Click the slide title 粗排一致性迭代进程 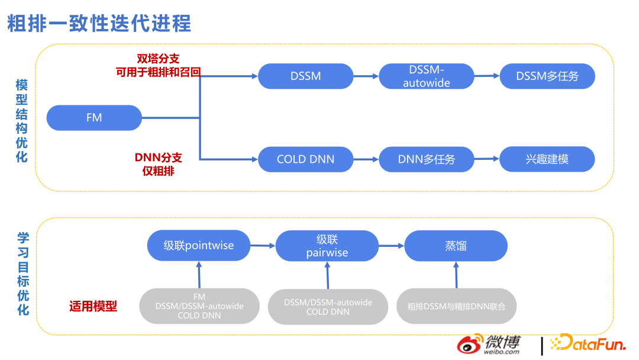click(99, 23)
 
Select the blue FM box click(94, 117)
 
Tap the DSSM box click(305, 76)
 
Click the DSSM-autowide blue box click(427, 76)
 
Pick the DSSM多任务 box click(547, 76)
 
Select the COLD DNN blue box click(305, 159)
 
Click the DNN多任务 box click(427, 159)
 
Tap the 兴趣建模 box click(547, 159)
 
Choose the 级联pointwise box click(199, 245)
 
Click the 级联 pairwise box click(327, 246)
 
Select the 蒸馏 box click(456, 245)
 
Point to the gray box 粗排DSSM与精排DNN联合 click(457, 306)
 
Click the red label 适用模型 click(93, 306)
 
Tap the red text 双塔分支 click(158, 58)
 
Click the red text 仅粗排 click(158, 171)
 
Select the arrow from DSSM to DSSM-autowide click(366, 76)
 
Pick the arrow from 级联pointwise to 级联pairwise click(263, 245)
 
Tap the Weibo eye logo click(470, 346)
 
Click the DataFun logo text click(588, 343)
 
